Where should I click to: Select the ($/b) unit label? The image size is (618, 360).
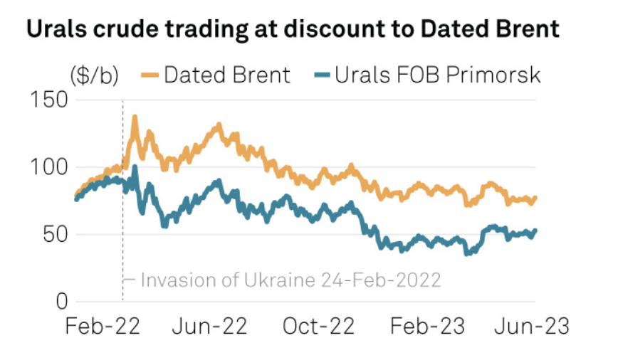(94, 75)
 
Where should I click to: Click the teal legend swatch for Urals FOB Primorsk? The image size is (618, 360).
(322, 75)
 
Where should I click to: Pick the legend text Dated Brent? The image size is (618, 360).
(227, 75)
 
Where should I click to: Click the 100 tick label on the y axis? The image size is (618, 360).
(50, 167)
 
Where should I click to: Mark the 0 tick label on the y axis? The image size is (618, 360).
(61, 302)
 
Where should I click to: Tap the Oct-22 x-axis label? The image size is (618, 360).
(319, 327)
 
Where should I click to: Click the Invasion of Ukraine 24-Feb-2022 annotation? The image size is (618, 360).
(290, 280)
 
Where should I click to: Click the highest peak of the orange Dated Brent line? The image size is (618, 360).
(135, 116)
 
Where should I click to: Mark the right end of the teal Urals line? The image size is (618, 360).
(535, 230)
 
